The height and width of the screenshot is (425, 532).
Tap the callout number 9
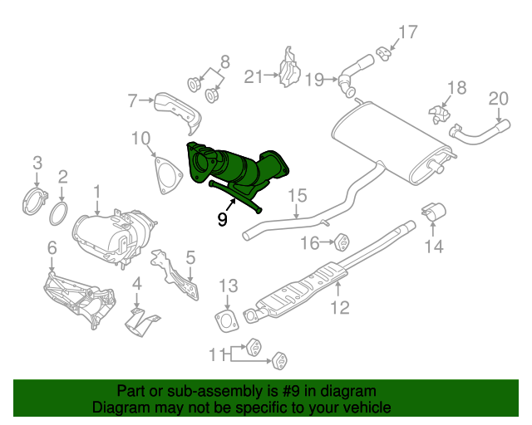coord(222,219)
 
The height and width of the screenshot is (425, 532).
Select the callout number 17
coord(406,33)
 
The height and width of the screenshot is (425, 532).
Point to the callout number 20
coord(497,99)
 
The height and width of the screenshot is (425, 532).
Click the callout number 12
coord(339,310)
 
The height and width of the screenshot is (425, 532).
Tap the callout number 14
coord(436,246)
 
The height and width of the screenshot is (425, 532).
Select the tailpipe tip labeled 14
coord(433,212)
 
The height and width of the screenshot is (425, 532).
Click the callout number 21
coord(253,77)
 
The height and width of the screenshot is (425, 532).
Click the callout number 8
coord(223,61)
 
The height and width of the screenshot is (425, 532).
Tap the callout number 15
coord(298,197)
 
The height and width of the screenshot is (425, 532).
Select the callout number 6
coord(52,247)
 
